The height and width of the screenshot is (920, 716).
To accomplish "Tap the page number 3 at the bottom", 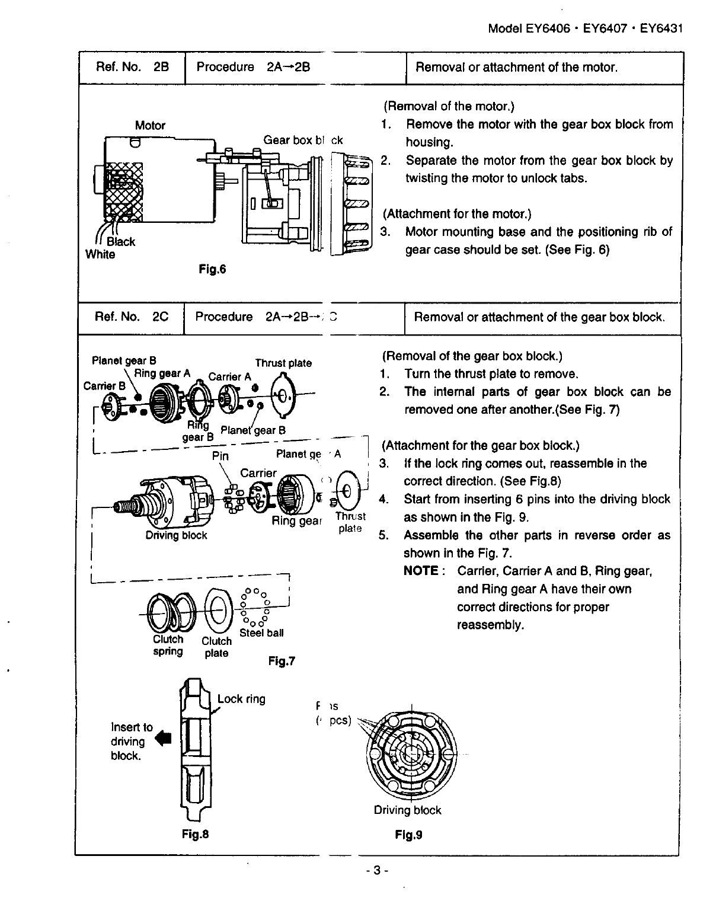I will tap(377, 871).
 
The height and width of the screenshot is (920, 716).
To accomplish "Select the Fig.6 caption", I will tap(213, 270).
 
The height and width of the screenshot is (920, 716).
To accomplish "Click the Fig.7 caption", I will tap(282, 661).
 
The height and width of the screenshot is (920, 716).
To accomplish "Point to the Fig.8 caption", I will tap(196, 835).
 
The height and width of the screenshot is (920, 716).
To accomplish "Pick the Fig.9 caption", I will tap(408, 835).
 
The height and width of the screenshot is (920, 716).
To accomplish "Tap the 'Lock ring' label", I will tap(241, 699).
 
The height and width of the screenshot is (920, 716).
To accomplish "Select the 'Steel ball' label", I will tap(261, 632).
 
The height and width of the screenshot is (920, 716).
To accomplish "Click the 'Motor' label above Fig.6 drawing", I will tap(150, 125).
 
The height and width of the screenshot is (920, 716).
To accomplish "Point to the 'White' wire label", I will tap(100, 255).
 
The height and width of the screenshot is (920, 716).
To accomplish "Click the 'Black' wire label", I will tap(121, 242).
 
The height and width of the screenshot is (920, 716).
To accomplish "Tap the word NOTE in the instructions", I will tap(421, 571).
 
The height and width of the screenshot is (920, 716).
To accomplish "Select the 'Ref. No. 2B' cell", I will tap(132, 67).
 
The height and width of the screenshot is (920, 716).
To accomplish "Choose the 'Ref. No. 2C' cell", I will tap(132, 317).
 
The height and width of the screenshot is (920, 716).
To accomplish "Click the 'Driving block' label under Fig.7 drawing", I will tap(177, 535).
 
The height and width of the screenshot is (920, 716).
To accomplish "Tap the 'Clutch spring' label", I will tap(168, 646).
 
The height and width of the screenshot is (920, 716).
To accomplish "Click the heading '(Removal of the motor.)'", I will tap(449, 106).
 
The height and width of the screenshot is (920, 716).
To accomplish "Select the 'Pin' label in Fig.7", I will tap(220, 456).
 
